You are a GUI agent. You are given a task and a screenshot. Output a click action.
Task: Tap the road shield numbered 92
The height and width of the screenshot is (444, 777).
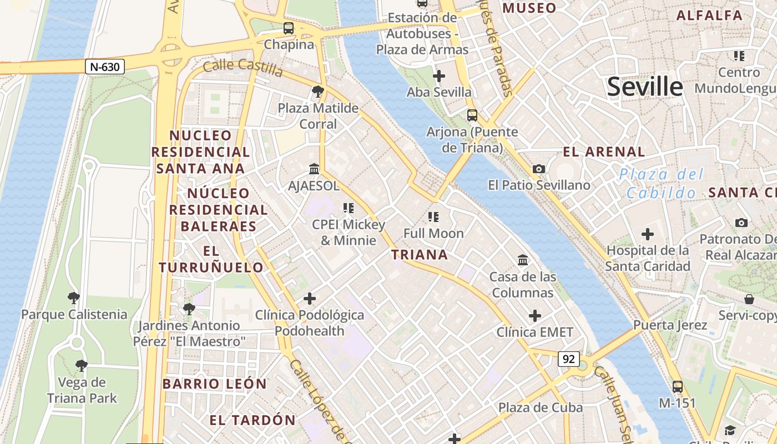click(x=569, y=359)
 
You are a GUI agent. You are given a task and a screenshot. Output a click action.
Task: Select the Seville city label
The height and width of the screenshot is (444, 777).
click(x=644, y=87)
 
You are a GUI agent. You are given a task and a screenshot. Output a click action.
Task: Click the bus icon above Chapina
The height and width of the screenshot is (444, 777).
click(x=289, y=28)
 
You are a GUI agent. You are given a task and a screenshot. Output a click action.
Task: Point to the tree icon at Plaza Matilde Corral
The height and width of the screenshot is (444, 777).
click(x=318, y=92)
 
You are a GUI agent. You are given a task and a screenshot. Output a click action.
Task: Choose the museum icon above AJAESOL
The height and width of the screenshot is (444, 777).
click(x=314, y=169)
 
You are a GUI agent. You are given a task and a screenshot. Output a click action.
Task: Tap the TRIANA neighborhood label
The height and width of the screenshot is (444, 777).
click(x=419, y=255)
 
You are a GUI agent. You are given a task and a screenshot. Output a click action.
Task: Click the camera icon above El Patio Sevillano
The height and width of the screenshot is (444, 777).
click(x=538, y=169)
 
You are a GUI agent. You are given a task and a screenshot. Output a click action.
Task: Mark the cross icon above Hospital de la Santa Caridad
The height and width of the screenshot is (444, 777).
click(x=647, y=234)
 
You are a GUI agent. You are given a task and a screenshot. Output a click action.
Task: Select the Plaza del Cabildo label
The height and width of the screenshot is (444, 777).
click(x=661, y=184)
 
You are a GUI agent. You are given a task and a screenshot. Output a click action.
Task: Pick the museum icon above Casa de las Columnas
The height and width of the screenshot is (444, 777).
click(x=523, y=260)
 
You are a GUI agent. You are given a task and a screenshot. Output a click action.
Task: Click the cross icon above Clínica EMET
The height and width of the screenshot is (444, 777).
click(x=534, y=316)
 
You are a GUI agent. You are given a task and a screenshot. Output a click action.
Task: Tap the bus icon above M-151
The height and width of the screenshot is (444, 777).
click(x=677, y=386)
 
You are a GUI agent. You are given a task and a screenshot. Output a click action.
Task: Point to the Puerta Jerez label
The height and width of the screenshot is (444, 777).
click(x=670, y=325)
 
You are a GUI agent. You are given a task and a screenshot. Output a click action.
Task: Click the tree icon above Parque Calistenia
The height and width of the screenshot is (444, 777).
click(x=74, y=298)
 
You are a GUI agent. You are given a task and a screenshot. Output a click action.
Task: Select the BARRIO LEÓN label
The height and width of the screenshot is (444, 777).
click(x=215, y=384)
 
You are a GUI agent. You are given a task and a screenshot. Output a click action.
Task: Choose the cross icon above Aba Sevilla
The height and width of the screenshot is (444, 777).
click(x=439, y=75)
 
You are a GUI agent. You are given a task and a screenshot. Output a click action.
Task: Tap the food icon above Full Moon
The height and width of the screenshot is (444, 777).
click(x=433, y=217)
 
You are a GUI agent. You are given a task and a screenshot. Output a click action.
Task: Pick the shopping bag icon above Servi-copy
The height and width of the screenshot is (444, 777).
click(x=749, y=299)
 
